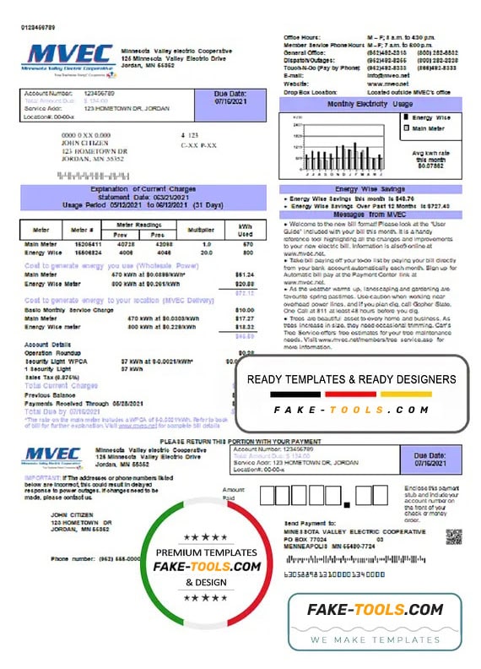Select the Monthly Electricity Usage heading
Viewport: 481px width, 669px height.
370,103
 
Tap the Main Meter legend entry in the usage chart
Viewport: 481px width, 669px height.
426,128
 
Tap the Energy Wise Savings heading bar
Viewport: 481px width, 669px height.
370,189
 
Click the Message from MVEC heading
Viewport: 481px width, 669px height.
370,214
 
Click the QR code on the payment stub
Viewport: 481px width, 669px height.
453,537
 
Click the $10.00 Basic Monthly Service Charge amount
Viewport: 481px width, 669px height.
244,310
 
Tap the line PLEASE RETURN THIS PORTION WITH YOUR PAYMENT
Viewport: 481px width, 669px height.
240,442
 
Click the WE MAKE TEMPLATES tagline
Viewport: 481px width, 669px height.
377,639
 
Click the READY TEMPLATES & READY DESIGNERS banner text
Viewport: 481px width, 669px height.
357,379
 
